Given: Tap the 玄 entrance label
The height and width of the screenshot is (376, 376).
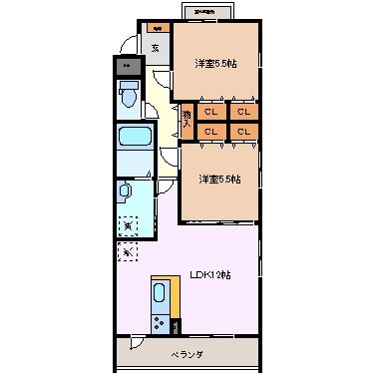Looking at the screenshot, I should click(x=155, y=47).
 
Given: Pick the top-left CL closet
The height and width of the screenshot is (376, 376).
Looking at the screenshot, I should click(x=211, y=112).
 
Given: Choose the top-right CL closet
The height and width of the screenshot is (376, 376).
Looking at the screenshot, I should click(x=243, y=112).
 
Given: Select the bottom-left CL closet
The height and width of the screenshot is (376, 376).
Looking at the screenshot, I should click(x=211, y=131).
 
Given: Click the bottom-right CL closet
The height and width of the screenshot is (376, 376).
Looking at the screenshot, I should click(x=243, y=131).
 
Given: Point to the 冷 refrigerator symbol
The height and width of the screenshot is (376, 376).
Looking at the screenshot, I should click(x=127, y=252).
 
